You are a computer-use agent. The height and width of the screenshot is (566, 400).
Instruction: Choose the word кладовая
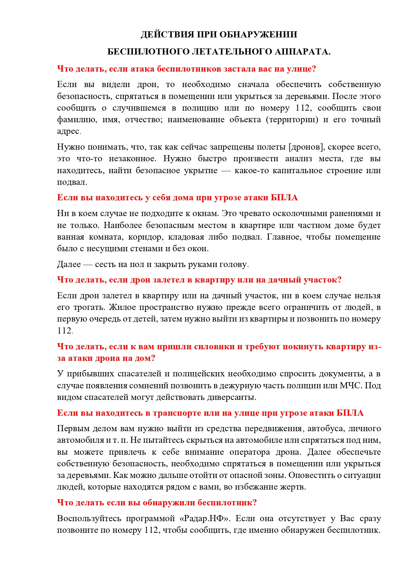point(184,237)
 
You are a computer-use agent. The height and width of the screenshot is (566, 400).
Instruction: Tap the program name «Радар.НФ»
point(204,519)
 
